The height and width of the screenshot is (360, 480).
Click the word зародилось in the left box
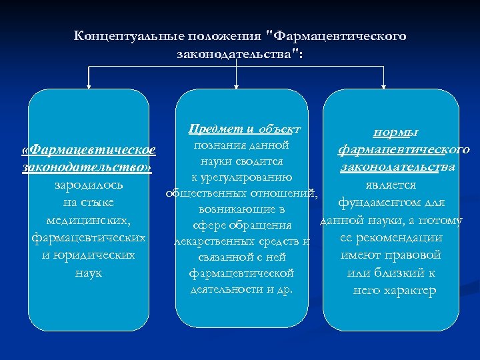click(89, 185)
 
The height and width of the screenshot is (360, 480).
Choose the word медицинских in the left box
click(88, 220)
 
